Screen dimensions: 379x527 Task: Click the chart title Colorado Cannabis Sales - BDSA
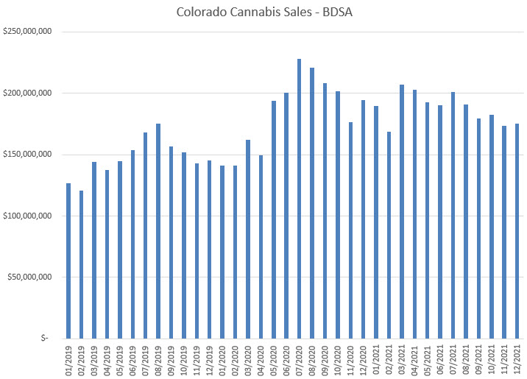click(264, 12)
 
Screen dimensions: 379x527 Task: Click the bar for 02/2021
click(389, 235)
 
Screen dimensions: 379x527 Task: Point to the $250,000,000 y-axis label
click(27, 32)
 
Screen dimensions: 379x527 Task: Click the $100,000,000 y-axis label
click(27, 216)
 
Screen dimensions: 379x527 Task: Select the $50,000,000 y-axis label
click(29, 277)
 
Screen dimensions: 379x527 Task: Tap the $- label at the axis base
click(45, 339)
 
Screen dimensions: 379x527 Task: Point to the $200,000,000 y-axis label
click(27, 93)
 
